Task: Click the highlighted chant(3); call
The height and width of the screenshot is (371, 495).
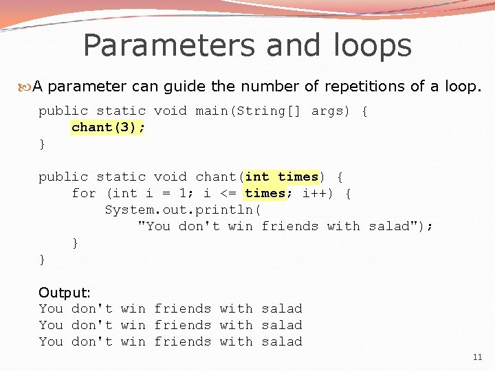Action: pos(108,127)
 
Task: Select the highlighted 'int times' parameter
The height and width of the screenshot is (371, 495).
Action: pos(282,177)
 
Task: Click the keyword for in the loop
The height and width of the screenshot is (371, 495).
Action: pos(84,193)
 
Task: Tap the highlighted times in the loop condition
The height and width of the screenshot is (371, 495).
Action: pos(265,193)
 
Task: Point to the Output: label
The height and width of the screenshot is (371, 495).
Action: pos(65,293)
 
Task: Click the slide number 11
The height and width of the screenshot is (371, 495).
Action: pos(478,357)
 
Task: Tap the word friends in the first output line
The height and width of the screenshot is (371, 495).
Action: pos(182,308)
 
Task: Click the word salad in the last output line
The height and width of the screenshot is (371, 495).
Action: pos(282,341)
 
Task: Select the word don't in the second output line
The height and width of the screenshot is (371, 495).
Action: pos(92,325)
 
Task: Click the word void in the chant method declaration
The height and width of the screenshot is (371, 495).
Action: pos(170,177)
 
